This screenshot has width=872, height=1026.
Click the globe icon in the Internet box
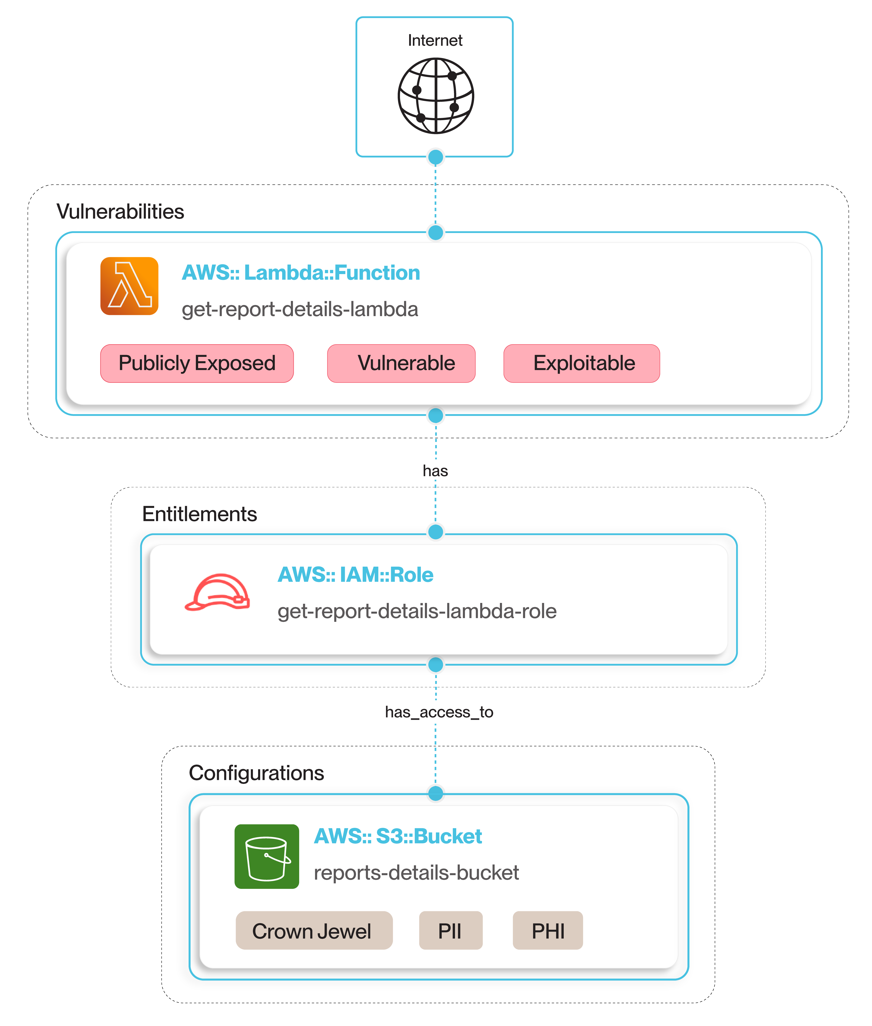[435, 96]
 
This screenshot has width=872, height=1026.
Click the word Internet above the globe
[435, 40]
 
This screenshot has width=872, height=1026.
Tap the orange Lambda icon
[129, 286]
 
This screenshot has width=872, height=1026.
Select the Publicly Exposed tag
[197, 363]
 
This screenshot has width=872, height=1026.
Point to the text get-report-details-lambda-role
[417, 611]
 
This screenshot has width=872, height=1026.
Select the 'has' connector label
[435, 471]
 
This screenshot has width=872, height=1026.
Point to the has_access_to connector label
[439, 712]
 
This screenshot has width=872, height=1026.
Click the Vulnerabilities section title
[120, 211]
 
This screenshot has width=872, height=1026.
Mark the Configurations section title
[256, 773]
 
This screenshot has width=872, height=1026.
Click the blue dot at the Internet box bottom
[435, 157]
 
